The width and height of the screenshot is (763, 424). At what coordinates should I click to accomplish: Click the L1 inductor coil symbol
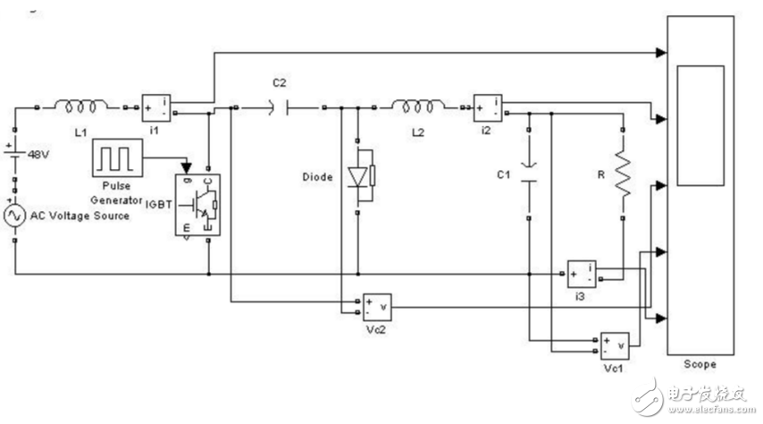(80, 107)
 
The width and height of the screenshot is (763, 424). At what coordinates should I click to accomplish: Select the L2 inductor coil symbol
(419, 107)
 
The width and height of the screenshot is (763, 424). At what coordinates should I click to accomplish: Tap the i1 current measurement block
(156, 108)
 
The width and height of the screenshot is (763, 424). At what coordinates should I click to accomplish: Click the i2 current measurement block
(489, 108)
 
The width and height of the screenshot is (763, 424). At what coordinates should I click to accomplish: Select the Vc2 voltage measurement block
(375, 307)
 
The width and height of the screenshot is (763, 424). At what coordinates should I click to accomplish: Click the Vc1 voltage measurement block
(615, 344)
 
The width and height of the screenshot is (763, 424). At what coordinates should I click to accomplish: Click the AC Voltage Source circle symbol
(15, 216)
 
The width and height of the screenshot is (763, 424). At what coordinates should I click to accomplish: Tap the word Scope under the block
(700, 364)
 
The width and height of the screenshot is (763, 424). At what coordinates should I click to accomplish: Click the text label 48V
(38, 153)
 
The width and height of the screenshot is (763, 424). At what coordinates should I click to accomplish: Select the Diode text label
(318, 177)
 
